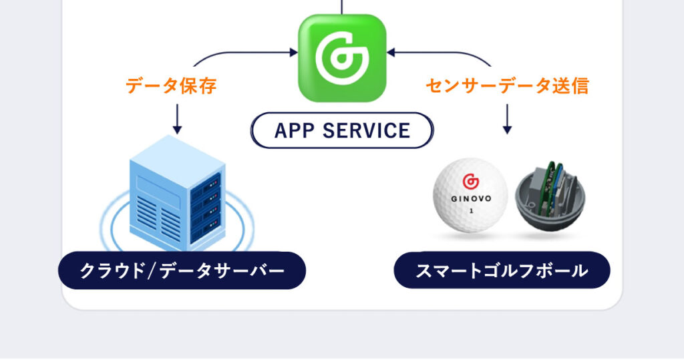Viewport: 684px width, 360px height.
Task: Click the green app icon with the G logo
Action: pos(342,58)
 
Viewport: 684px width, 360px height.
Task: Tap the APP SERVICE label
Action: pos(342,130)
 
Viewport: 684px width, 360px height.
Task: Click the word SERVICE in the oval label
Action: pos(367,130)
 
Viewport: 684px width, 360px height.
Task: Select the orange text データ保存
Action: pos(171,85)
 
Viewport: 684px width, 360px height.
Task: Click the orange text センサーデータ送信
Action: pos(507,85)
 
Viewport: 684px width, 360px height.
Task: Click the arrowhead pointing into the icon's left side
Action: pos(293,51)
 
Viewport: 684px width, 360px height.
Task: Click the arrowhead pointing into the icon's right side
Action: pos(391,51)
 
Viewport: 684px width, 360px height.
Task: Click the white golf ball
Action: pos(470,195)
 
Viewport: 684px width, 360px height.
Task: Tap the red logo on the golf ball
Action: pos(470,180)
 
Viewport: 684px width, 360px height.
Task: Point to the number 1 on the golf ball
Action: pos(471,211)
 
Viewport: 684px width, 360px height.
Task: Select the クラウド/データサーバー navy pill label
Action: pos(182,271)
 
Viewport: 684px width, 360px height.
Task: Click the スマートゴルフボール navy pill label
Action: pos(502,271)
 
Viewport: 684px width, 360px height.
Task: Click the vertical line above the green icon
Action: pos(342,7)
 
